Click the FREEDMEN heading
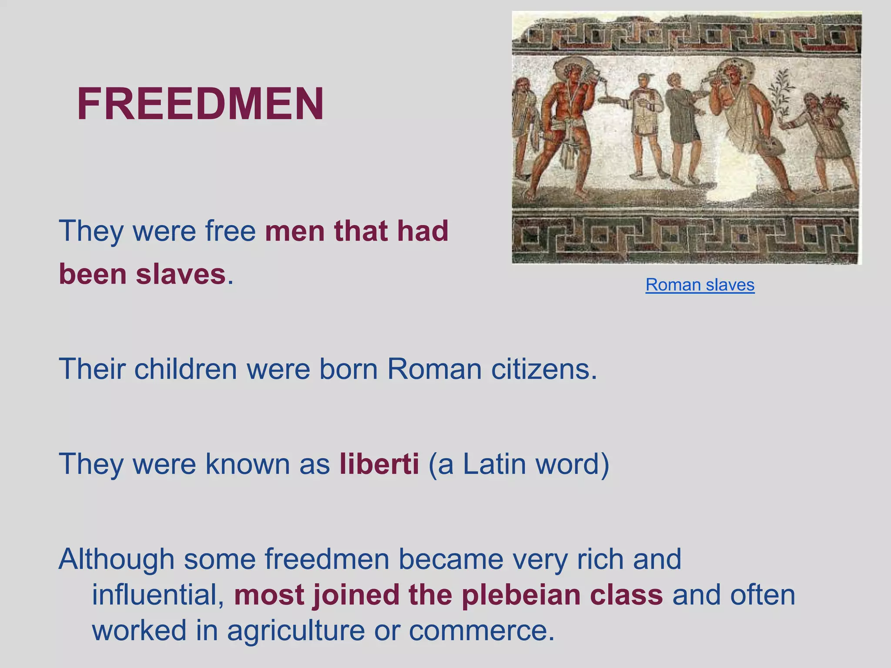(x=200, y=104)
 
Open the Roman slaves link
(x=700, y=285)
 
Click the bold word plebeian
(x=521, y=595)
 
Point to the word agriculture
(x=296, y=631)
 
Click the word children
(x=185, y=369)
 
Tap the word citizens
(x=544, y=369)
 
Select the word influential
(x=158, y=595)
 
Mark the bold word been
(x=93, y=274)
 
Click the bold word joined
(x=356, y=595)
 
